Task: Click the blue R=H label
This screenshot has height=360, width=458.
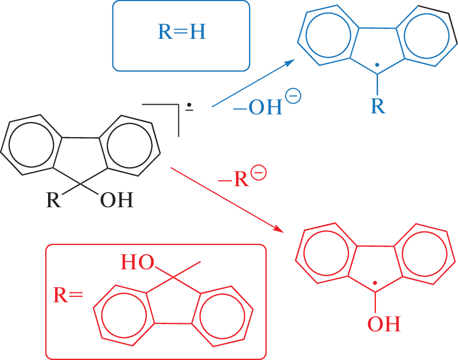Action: coord(181,33)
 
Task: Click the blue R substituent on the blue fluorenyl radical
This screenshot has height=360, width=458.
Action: coord(378,106)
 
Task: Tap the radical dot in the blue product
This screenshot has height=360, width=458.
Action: coord(378,65)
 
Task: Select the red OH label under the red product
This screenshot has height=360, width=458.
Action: coord(384,324)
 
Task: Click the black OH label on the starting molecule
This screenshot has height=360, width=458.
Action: coord(116,201)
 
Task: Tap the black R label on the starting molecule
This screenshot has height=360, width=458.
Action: coord(53,201)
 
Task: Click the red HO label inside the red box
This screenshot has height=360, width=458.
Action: coord(136,262)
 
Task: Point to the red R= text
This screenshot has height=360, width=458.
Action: coord(68,295)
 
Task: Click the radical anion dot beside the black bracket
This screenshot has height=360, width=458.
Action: coord(190,106)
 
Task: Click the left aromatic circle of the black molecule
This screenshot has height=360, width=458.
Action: coord(32,147)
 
